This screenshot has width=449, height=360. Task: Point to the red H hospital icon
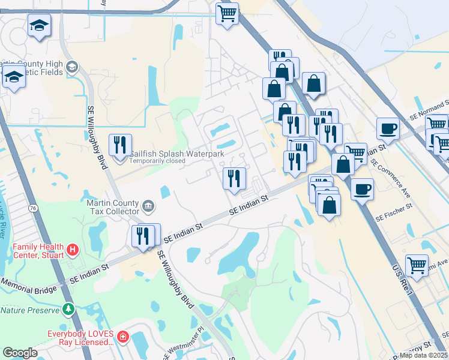(x=72, y=248)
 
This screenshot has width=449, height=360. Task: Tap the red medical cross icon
(x=122, y=337)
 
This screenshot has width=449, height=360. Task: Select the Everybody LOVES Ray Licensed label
(x=81, y=337)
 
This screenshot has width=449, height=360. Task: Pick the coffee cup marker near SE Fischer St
(x=362, y=190)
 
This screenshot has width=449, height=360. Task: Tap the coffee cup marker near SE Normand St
(x=388, y=129)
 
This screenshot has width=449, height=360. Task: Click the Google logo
(x=20, y=352)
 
